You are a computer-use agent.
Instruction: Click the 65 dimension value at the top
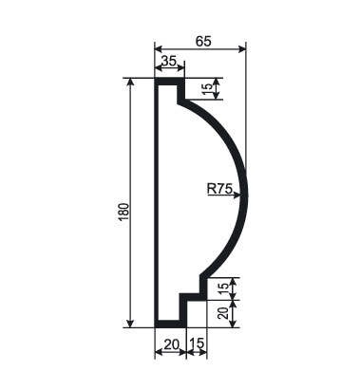click(x=203, y=42)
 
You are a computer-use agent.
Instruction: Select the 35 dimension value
click(x=168, y=61)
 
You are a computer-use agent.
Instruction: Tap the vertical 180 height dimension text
click(x=124, y=212)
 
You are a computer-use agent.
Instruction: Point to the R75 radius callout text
click(x=219, y=189)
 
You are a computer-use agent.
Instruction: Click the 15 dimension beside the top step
click(x=206, y=91)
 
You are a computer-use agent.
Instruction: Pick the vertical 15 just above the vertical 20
click(x=223, y=288)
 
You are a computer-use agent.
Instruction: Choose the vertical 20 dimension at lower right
click(x=223, y=313)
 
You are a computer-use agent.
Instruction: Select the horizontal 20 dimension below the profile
click(x=172, y=344)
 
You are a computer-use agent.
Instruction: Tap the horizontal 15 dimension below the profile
click(x=198, y=344)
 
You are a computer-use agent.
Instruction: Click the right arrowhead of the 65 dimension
click(x=242, y=48)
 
